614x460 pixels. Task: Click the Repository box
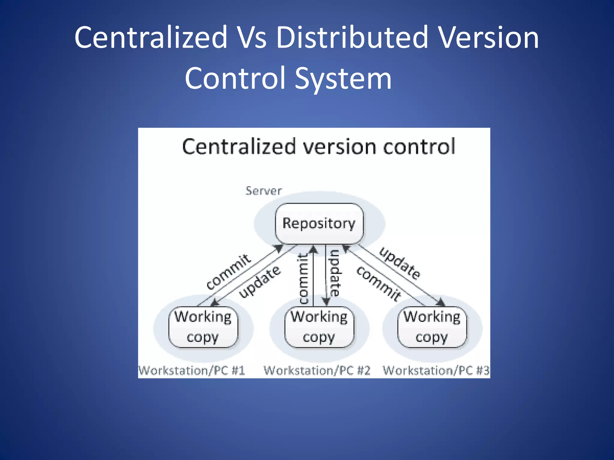coord(319,223)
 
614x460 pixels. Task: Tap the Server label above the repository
coord(264,191)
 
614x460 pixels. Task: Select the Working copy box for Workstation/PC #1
coord(203,327)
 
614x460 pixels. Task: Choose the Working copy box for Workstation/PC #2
coord(319,327)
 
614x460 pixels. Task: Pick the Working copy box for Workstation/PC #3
coord(432,327)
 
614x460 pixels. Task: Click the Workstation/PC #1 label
coord(192,371)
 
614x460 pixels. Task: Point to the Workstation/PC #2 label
coord(317,371)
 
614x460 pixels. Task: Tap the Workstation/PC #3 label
coord(436,371)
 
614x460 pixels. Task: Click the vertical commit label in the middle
coord(303,279)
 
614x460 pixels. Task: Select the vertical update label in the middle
coord(335,273)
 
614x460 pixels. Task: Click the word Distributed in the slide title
coord(352,37)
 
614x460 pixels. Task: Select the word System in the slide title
coord(343,78)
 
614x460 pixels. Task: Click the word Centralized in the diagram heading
coord(239,147)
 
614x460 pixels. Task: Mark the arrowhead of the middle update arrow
coord(326,301)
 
